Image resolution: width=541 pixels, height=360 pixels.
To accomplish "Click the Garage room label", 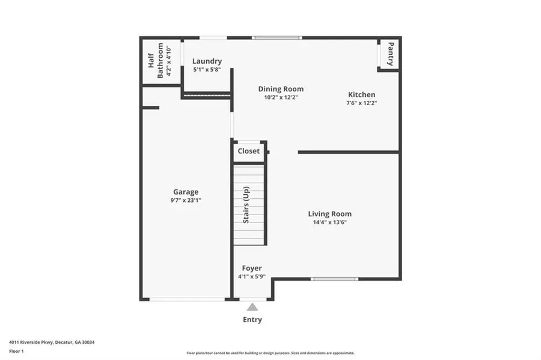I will tap(186, 192).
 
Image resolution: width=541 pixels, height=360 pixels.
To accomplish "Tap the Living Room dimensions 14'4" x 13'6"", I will tap(329, 222).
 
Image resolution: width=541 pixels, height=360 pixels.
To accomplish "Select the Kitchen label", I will tap(361, 94).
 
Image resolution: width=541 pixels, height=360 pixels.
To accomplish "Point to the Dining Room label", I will tap(281, 89).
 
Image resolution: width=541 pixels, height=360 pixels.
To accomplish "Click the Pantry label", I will tap(390, 54).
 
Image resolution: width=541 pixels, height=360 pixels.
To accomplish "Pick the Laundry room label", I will tap(207, 61).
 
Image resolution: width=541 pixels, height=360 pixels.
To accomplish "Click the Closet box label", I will tap(249, 151).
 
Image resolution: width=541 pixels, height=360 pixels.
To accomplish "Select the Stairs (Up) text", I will tap(246, 206).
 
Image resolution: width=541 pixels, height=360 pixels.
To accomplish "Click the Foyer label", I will tap(252, 268).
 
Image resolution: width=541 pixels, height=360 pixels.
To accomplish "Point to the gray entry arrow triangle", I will tap(252, 307).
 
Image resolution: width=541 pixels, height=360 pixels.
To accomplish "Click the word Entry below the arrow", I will tap(252, 320).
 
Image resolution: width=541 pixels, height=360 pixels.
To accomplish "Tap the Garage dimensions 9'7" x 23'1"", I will tap(186, 201).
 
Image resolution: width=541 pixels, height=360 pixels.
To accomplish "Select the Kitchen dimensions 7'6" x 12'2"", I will tap(361, 103).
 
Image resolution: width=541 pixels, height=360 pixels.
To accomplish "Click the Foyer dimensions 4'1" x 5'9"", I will tap(252, 276).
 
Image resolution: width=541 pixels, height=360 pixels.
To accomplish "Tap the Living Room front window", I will tap(335, 279).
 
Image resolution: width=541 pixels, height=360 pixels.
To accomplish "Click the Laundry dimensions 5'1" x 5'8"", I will tap(207, 70).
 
